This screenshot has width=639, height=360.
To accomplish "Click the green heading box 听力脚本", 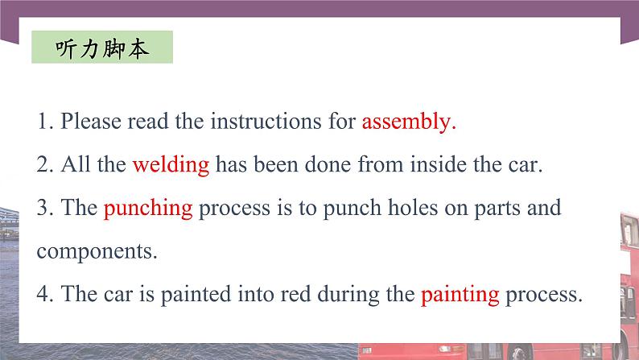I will (101, 48).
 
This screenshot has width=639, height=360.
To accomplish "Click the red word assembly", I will (409, 122).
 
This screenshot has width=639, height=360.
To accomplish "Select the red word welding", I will (171, 165).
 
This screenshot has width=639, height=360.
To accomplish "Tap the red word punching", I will (148, 209).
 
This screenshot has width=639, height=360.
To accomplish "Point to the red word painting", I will (460, 294).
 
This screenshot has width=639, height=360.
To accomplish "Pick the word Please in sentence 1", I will (90, 122).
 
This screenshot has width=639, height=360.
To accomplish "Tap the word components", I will (97, 251).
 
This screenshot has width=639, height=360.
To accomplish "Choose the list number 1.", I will (43, 122).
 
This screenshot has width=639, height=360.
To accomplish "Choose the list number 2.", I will (43, 165).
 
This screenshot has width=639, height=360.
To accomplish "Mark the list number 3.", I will (43, 209).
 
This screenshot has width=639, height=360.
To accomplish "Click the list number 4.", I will (43, 294).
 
